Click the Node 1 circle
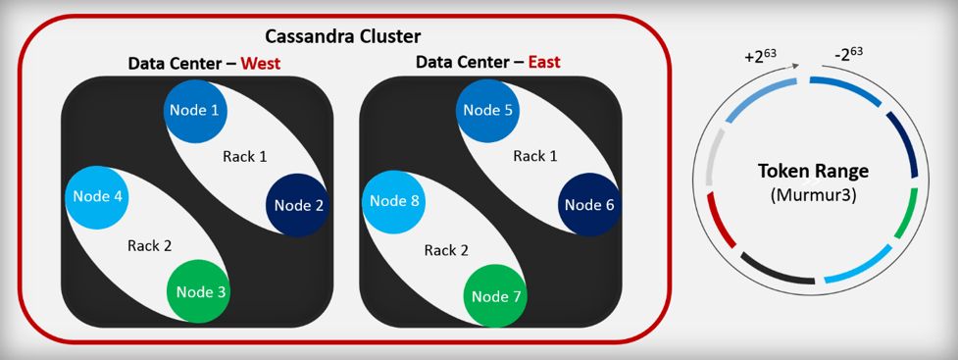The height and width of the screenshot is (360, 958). (195, 110)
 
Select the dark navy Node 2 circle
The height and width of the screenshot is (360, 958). (298, 205)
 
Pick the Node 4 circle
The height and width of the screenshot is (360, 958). (97, 196)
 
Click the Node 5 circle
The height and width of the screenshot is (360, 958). (488, 110)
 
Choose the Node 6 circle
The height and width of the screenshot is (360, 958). (589, 205)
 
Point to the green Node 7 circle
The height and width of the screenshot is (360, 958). (495, 295)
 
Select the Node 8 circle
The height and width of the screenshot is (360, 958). (395, 201)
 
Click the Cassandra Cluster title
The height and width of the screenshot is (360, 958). (342, 37)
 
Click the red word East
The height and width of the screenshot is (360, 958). (544, 63)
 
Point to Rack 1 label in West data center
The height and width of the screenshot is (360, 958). (244, 156)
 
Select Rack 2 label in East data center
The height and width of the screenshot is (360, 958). (445, 249)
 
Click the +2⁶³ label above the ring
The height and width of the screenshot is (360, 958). (761, 56)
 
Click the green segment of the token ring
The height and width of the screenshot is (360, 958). (904, 221)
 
